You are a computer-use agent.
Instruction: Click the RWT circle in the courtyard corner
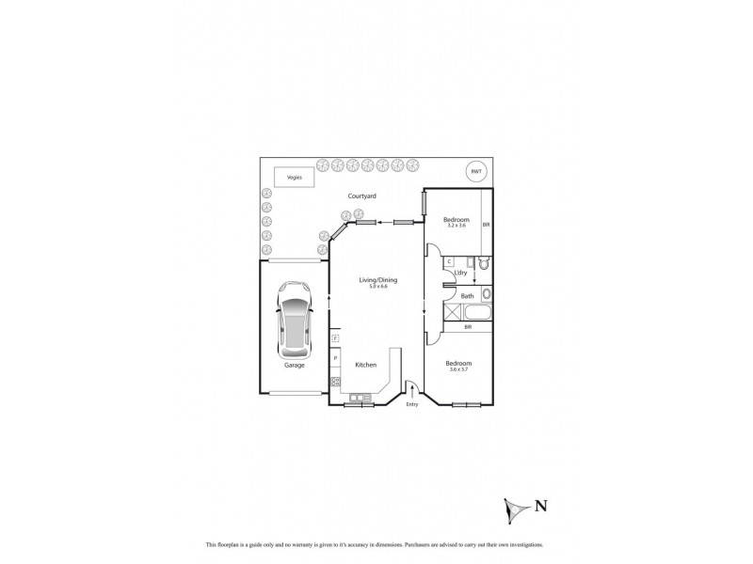coord(476,172)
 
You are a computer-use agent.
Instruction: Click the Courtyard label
coord(362,196)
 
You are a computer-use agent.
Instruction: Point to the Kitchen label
coord(365,364)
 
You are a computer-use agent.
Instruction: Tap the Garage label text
coord(295,365)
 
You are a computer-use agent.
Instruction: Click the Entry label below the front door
coord(411,405)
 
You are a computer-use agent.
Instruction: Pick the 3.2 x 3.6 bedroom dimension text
coord(457,226)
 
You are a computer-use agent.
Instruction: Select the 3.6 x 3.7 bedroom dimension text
coord(458,368)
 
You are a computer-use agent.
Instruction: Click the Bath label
coord(467,296)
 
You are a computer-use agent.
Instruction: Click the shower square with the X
coord(452,313)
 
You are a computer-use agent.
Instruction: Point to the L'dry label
coord(461,273)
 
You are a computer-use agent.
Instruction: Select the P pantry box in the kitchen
coord(335,358)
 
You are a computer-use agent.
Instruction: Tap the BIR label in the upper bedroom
coord(486,226)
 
